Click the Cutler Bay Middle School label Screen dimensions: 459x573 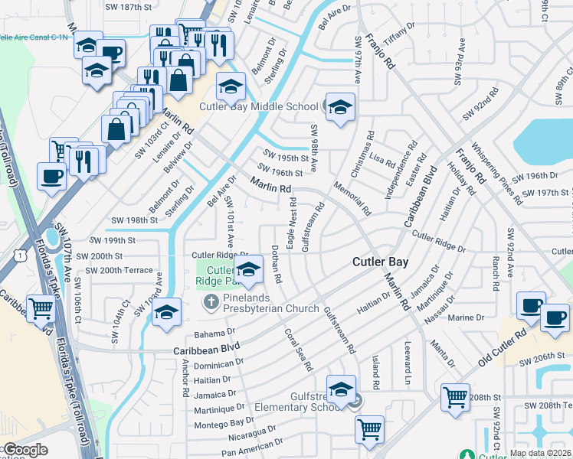[x=259, y=106]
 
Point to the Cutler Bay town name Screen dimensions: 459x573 [x=380, y=262]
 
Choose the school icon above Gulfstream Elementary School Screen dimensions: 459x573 [x=341, y=388]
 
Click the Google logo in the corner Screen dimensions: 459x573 [x=25, y=449]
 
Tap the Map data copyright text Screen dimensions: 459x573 [x=541, y=454]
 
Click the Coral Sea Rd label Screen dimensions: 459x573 [x=299, y=350]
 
